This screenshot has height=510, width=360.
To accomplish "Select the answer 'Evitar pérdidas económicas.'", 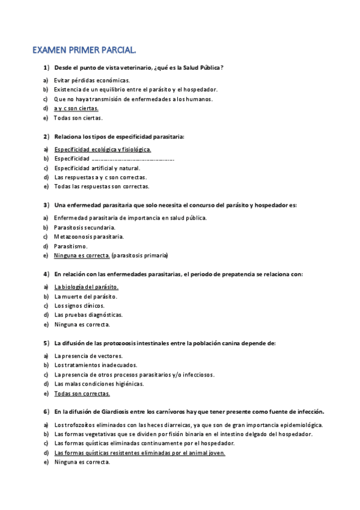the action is click(91, 80).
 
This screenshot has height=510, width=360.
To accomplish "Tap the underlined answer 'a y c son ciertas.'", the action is click(76, 108).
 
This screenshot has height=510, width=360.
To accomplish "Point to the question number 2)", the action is click(46, 137).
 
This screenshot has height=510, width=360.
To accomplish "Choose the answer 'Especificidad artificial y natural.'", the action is click(97, 168).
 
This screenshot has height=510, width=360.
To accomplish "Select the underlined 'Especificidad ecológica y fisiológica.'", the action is click(103, 149).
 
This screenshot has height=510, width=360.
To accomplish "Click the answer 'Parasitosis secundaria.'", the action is click(85, 227).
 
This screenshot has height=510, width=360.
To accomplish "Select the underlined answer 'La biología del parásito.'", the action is click(86, 287).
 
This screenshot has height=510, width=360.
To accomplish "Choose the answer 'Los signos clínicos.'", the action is click(79, 306).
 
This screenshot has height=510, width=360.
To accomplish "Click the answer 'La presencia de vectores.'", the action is click(87, 355).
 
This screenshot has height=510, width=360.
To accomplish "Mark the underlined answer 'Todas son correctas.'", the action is click(82, 393).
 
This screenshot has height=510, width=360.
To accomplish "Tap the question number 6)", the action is click(46, 412).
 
